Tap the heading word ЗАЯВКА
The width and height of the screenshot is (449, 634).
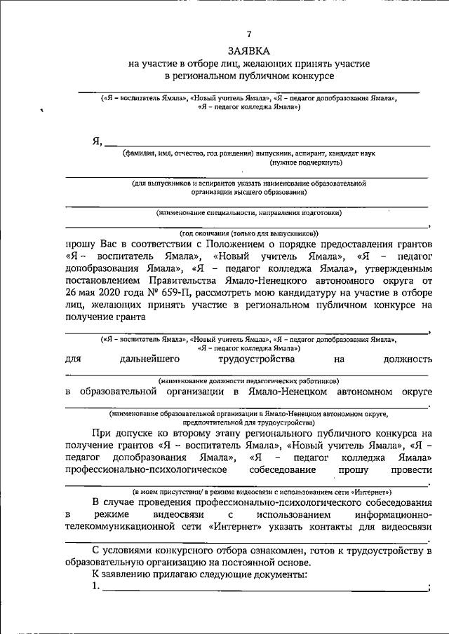(248, 51)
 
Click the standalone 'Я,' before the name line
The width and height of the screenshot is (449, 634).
(98, 140)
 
